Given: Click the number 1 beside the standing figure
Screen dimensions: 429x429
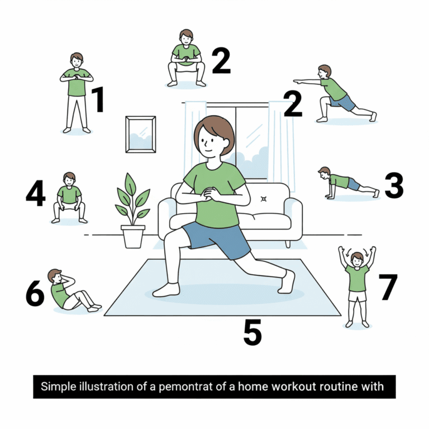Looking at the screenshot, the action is [98, 99].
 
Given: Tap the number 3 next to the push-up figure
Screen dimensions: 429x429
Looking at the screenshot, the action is [394, 185].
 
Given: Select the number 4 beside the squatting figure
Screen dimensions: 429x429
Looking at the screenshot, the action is [36, 193].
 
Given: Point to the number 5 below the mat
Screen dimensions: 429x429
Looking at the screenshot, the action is [252, 332].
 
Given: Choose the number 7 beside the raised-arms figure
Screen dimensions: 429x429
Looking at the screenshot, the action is [388, 287].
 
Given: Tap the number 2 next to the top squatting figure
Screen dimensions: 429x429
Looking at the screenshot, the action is [221, 61].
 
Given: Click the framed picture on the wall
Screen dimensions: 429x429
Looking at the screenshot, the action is [141, 134].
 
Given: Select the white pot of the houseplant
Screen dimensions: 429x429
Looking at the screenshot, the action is [133, 237].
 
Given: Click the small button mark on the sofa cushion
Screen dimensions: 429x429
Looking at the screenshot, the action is [264, 199].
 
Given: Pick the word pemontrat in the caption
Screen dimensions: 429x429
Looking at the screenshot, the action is [185, 387].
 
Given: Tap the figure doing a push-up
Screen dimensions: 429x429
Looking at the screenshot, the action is [349, 183].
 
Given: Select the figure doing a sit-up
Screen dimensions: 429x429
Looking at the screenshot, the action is [74, 290].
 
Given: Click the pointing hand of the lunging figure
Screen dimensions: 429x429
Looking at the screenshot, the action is [298, 81].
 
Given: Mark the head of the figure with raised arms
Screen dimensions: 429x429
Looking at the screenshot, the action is [357, 260].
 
